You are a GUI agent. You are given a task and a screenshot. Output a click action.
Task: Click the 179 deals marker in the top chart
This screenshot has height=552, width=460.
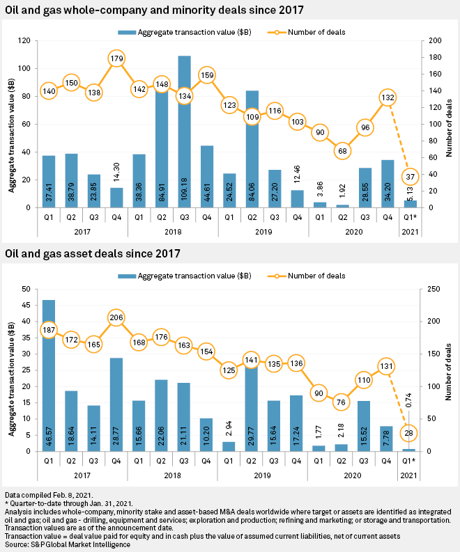click(x=116, y=58)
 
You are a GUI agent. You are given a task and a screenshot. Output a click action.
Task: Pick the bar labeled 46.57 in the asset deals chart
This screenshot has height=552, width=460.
click(x=49, y=375)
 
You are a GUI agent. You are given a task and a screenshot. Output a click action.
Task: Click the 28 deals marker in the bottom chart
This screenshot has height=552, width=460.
click(x=411, y=433)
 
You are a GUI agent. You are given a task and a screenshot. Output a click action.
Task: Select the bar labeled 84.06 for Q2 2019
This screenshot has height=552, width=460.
click(x=252, y=149)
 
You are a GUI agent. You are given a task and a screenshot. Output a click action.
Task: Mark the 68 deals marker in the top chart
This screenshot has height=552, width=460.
click(x=342, y=151)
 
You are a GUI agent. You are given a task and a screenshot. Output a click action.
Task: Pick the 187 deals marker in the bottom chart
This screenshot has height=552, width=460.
click(x=49, y=329)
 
